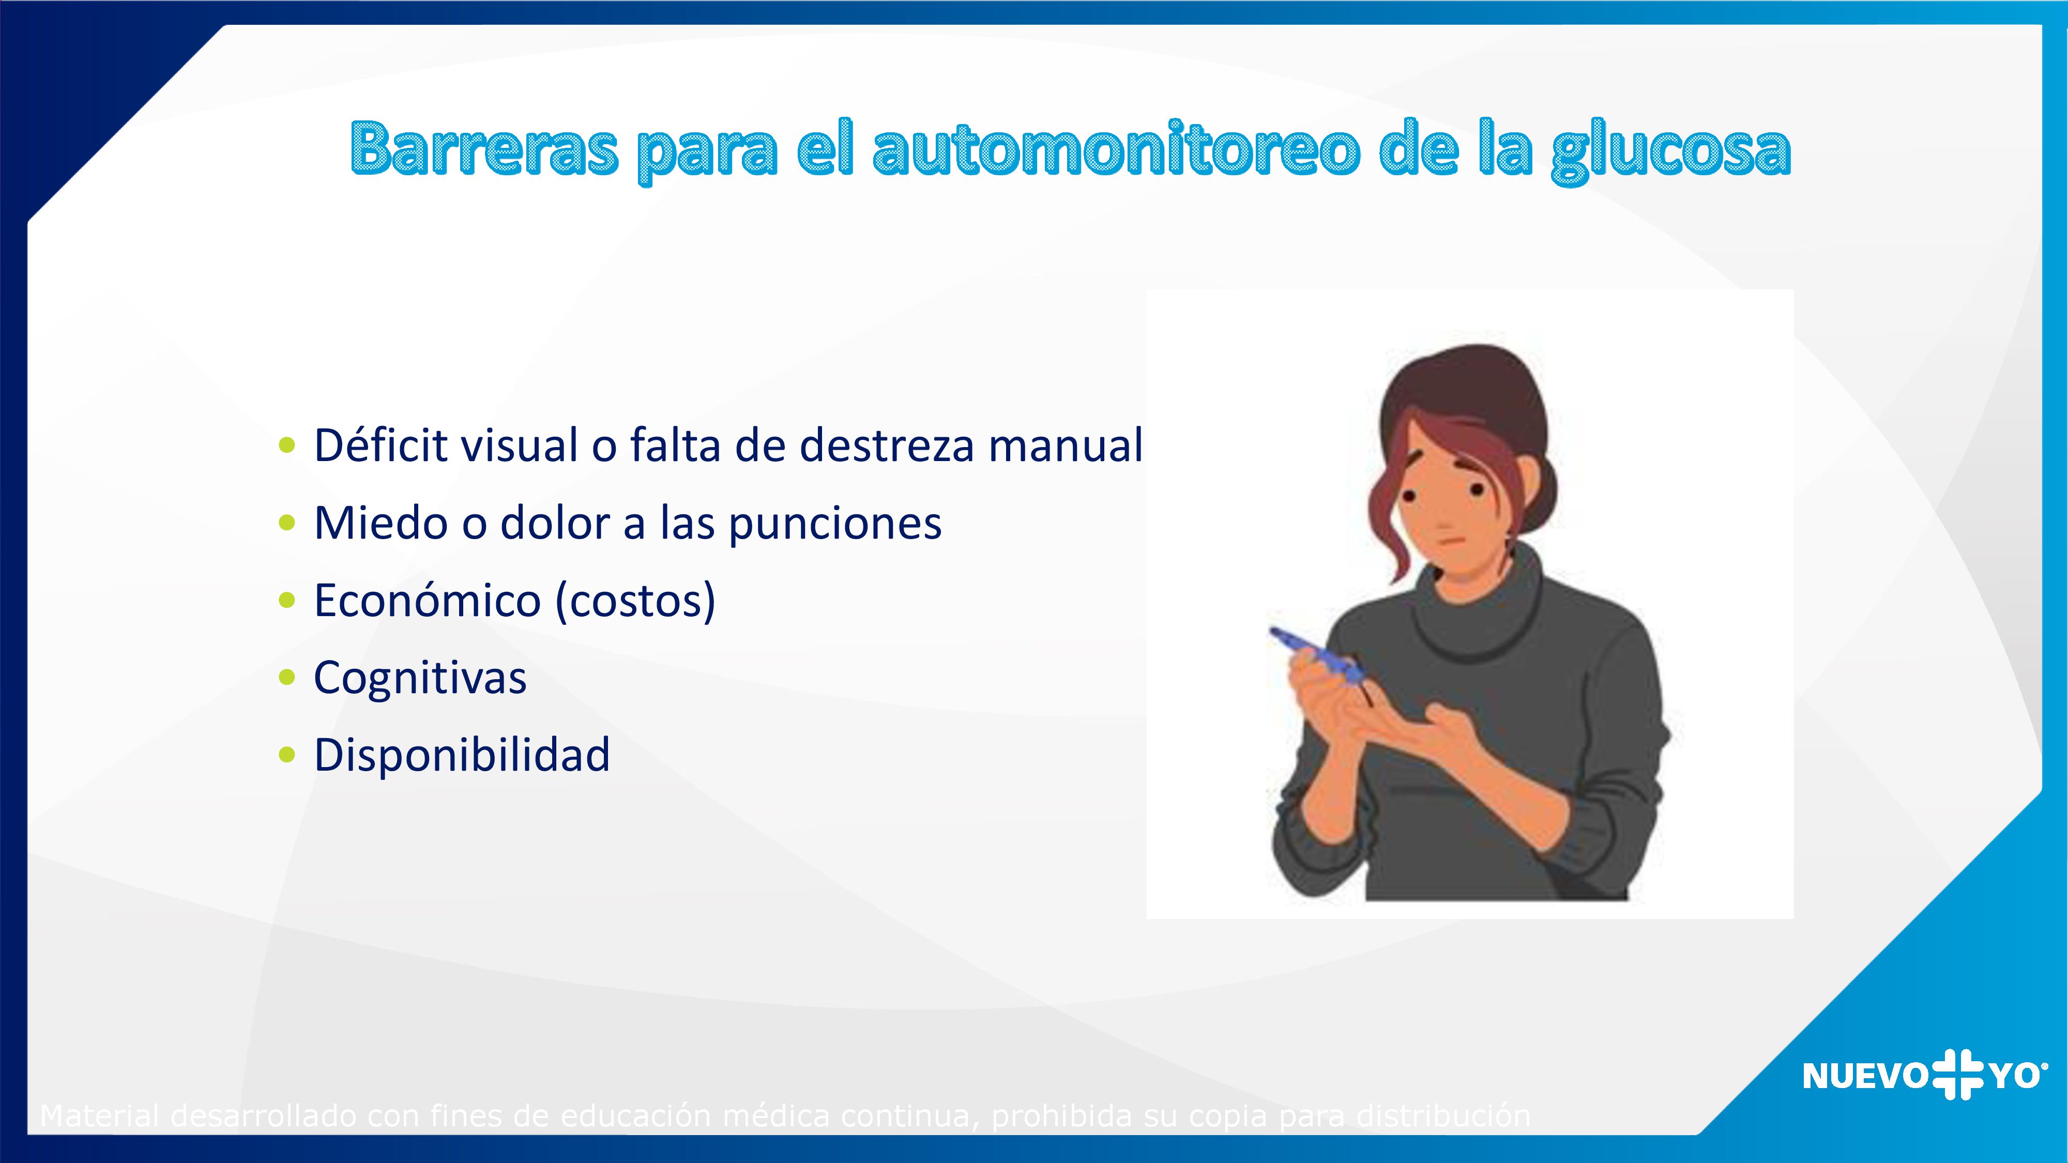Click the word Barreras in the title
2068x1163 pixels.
coord(484,149)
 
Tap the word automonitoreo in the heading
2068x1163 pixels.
coord(1115,149)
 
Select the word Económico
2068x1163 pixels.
coord(427,600)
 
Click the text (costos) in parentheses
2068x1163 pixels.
coord(635,600)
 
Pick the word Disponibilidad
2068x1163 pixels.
coord(462,755)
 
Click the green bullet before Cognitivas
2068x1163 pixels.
coord(286,678)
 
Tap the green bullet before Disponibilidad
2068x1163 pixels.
coord(286,755)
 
